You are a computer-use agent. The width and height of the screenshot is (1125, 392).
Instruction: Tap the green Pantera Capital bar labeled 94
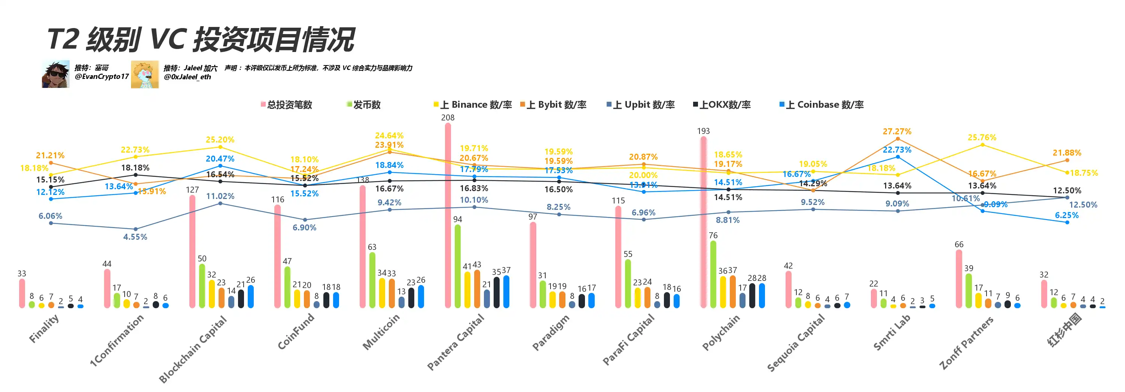pyautogui.click(x=457, y=266)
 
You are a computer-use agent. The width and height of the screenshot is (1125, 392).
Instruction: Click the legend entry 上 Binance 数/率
pyautogui.click(x=473, y=105)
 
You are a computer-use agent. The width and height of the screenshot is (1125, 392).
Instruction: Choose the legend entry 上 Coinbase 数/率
pyautogui.click(x=821, y=105)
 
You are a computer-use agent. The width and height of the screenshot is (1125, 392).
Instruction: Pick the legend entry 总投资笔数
pyautogui.click(x=287, y=105)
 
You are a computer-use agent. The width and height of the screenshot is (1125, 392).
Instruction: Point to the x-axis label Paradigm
pyautogui.click(x=551, y=332)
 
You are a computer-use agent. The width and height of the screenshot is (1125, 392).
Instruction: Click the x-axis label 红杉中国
pyautogui.click(x=1064, y=330)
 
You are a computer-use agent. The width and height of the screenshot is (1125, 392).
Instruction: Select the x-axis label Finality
pyautogui.click(x=44, y=328)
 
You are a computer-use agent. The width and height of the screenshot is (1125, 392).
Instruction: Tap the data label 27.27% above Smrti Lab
pyautogui.click(x=897, y=131)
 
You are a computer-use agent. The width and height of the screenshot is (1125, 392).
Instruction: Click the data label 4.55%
pyautogui.click(x=135, y=237)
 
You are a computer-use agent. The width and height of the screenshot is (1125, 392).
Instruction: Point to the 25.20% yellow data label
pyautogui.click(x=220, y=140)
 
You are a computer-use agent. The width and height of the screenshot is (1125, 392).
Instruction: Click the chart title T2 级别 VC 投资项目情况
pyautogui.click(x=201, y=39)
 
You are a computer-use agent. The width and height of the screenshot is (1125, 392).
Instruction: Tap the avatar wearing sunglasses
pyautogui.click(x=55, y=74)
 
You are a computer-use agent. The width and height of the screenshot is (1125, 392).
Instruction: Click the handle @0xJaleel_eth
pyautogui.click(x=187, y=77)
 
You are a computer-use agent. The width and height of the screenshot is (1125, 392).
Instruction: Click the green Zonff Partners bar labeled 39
pyautogui.click(x=968, y=291)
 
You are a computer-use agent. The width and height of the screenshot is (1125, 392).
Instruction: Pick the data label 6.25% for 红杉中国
pyautogui.click(x=1067, y=215)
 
